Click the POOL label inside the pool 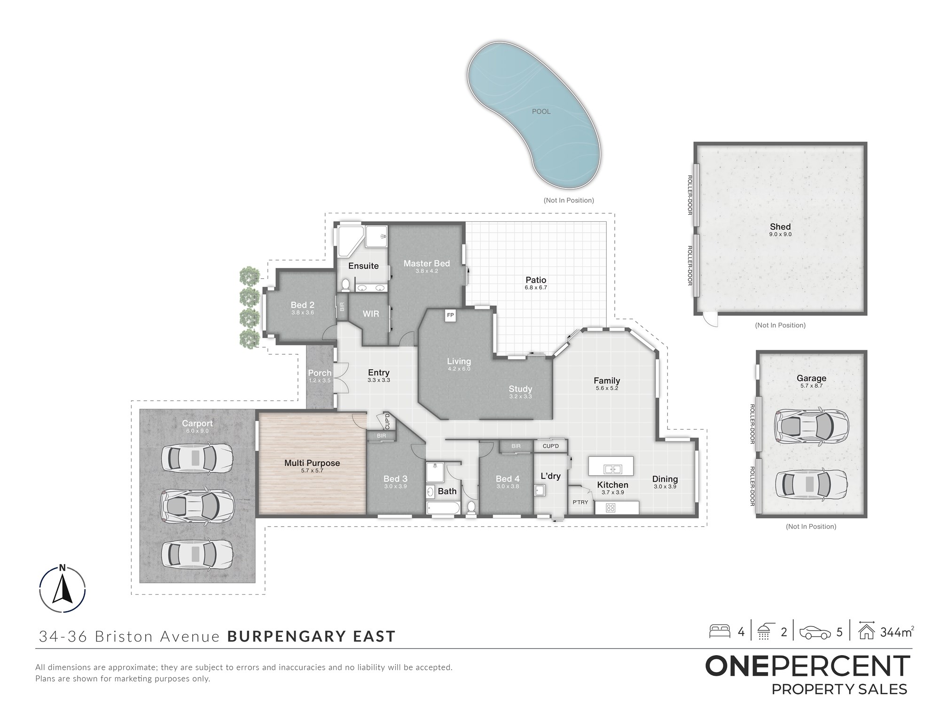541,111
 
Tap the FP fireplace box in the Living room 450,316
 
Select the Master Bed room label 427,263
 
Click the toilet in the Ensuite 345,284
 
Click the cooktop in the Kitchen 611,508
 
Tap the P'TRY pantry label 580,502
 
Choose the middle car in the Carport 197,505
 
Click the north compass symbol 63,589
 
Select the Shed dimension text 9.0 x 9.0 780,234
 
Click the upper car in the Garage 811,425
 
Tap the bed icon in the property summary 720,631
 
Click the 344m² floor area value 897,632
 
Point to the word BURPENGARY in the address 286,636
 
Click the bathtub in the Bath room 443,508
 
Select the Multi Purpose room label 312,463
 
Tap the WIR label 371,313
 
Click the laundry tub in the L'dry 540,491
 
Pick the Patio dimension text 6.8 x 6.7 536,288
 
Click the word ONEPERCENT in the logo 807,666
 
